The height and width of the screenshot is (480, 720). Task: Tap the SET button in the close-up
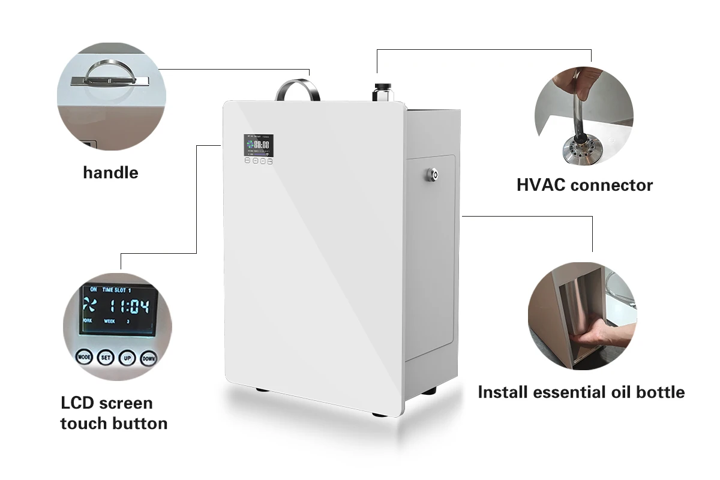coord(106,358)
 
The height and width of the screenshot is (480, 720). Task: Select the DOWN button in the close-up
coord(148,358)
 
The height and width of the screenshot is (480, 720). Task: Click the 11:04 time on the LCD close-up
coord(127,307)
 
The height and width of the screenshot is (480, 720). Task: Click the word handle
coord(110,173)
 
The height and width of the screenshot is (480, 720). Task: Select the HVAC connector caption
coord(584,184)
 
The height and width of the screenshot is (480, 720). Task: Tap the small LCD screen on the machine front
coord(258,145)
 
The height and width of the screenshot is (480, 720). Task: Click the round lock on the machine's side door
coord(431,174)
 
